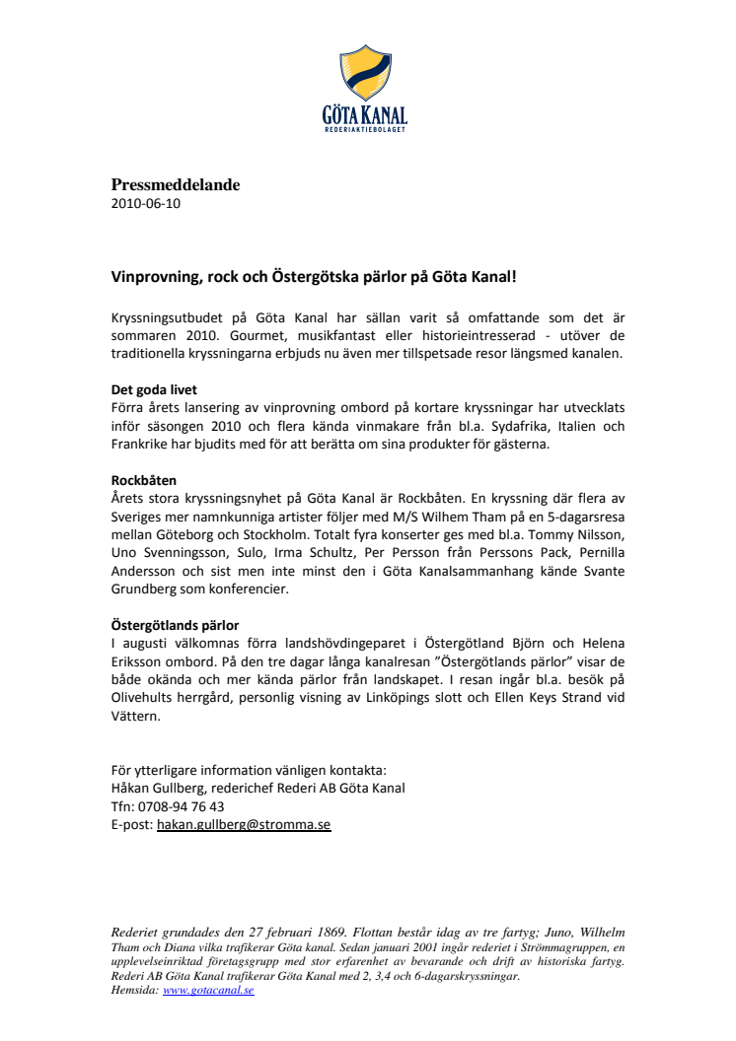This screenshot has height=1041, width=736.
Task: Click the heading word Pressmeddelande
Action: pos(175,185)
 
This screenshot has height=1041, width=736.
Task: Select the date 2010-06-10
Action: pos(145,204)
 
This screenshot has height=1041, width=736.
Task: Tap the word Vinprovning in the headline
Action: pos(154,277)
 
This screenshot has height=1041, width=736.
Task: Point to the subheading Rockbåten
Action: pos(144,480)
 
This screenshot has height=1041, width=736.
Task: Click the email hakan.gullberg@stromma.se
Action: pos(244,824)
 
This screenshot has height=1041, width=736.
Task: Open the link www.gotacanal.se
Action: pos(208,990)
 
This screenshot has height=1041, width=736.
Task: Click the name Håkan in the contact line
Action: pos(131,788)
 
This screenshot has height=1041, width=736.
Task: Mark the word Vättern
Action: pos(135,716)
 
